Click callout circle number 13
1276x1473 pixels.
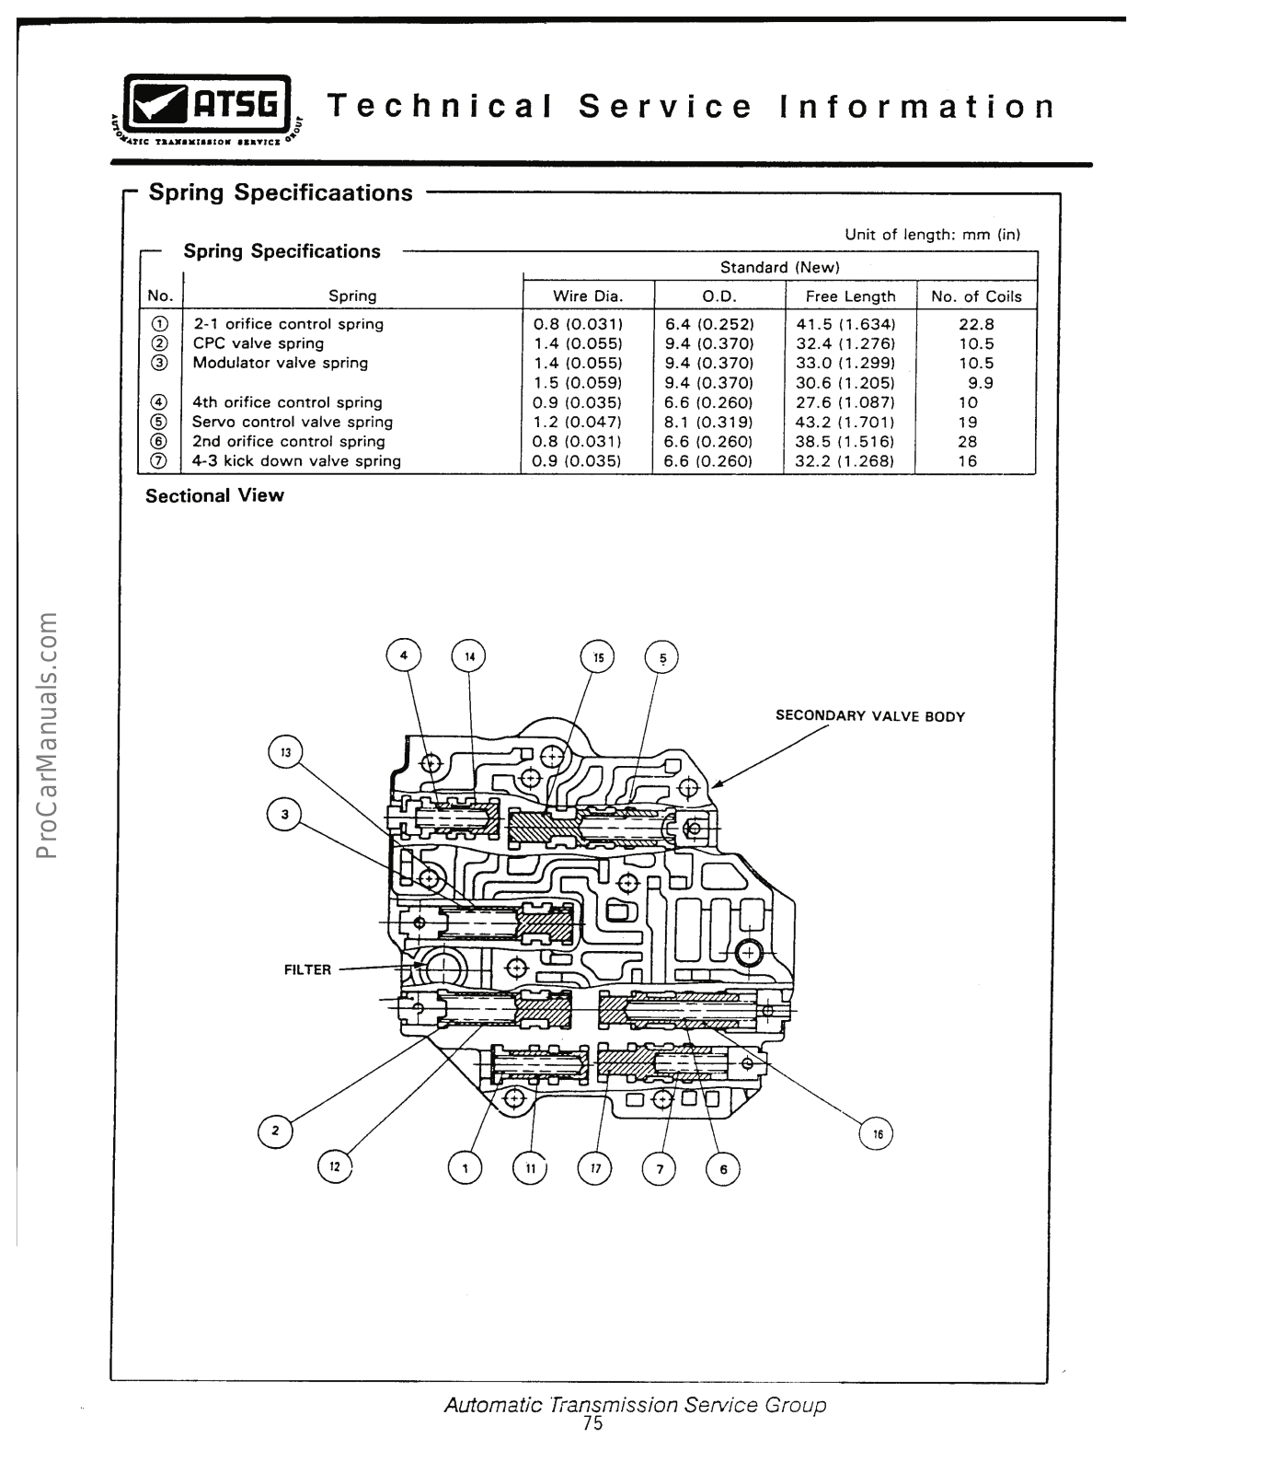(x=285, y=752)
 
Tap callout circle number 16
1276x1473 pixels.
(x=877, y=1133)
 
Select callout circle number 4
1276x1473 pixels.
(x=403, y=655)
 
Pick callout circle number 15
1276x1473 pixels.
(x=599, y=657)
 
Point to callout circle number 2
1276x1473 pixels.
(x=275, y=1131)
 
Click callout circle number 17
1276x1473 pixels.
(x=595, y=1168)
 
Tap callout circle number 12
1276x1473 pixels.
(x=335, y=1166)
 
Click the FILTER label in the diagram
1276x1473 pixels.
(x=307, y=969)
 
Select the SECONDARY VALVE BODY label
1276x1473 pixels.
(x=869, y=716)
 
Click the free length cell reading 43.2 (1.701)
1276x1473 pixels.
(x=845, y=422)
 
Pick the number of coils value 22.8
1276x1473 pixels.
(x=976, y=324)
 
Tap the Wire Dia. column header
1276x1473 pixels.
(x=588, y=296)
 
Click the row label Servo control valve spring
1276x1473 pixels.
(x=293, y=422)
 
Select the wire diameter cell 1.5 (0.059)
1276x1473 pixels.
(x=578, y=383)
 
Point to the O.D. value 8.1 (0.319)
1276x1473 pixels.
(x=708, y=422)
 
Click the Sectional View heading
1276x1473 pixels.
(x=214, y=495)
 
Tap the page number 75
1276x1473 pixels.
(x=592, y=1423)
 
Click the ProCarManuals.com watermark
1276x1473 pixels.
(x=48, y=734)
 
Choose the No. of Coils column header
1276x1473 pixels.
(x=976, y=296)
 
